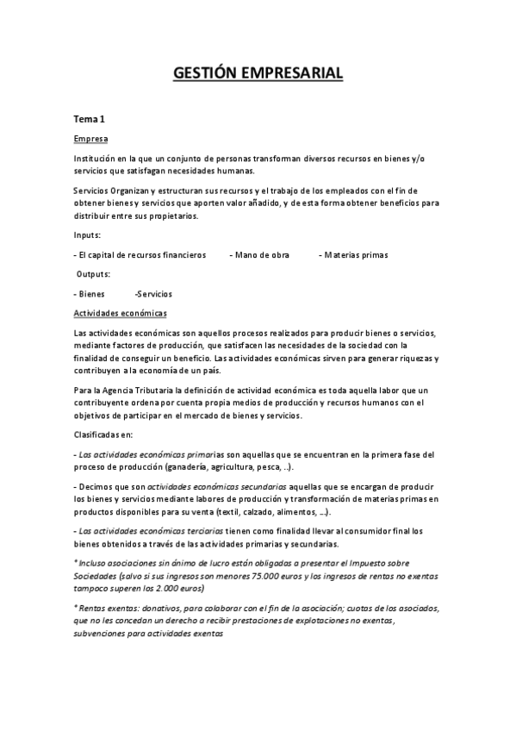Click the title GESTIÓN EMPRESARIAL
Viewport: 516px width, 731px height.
point(258,73)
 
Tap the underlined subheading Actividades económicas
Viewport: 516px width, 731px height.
point(121,313)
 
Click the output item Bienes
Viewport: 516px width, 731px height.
point(91,293)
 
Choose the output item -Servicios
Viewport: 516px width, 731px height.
point(153,293)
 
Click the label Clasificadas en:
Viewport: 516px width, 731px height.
point(103,434)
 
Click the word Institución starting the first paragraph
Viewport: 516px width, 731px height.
point(97,158)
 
